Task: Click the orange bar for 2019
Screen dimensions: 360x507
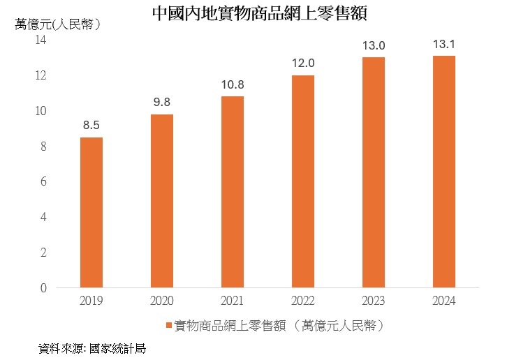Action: pos(91,212)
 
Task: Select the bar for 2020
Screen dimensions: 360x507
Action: pos(162,201)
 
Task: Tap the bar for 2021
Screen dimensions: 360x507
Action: pos(233,192)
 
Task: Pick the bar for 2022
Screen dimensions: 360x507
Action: pos(303,181)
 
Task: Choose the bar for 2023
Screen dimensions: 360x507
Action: pos(374,172)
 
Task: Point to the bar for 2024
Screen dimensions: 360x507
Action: pos(444,172)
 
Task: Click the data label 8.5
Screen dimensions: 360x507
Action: pos(91,126)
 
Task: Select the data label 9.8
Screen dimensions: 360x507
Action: pos(162,103)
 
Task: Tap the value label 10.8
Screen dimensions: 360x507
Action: pos(233,85)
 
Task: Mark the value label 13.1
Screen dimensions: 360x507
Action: pos(444,45)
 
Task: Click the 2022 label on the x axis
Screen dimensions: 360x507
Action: pos(303,301)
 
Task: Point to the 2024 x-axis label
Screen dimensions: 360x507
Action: pos(444,301)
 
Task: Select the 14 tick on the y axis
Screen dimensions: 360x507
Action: pos(41,40)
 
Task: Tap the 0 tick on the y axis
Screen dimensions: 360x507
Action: pos(43,287)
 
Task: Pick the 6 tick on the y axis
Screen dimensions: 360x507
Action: pos(43,181)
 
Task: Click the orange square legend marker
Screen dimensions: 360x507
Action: pos(168,327)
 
